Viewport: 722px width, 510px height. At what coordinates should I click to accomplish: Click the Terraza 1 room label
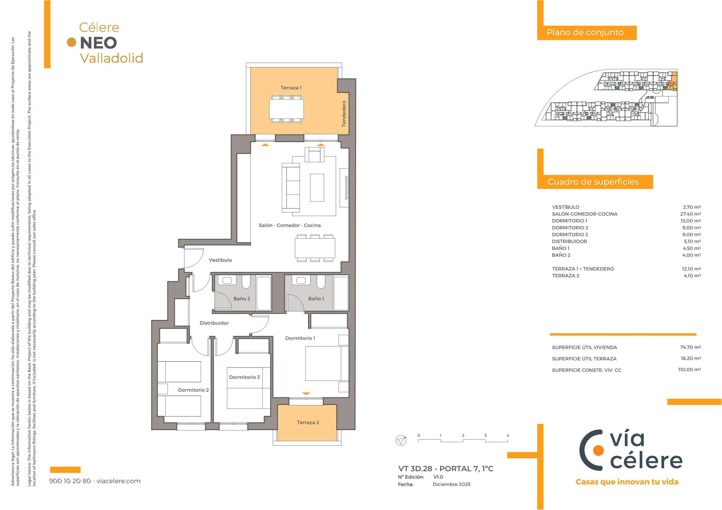coord(291,88)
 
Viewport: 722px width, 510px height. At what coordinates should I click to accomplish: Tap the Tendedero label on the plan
coord(344,114)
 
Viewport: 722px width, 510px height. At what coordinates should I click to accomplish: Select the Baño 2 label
coord(242,298)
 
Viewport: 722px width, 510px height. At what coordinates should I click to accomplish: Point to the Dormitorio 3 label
coord(244,377)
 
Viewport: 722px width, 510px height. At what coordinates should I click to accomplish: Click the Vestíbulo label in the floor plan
coord(220,260)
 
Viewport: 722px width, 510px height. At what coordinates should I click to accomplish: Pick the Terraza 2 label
coord(308,422)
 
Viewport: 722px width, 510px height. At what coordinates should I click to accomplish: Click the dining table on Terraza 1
coord(287,109)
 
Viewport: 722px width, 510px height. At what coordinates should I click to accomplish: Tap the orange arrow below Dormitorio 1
coord(306,393)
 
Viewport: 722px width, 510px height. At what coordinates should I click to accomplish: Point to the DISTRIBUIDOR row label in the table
coord(570,241)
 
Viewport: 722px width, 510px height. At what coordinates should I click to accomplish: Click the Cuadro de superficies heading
coord(593,182)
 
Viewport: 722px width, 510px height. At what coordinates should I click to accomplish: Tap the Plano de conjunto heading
coord(585,32)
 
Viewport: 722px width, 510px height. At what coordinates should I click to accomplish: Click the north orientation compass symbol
coord(401,440)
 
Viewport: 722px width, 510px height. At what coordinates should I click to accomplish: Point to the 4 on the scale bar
coord(508,436)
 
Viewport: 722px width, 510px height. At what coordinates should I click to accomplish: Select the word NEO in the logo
coord(98,43)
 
